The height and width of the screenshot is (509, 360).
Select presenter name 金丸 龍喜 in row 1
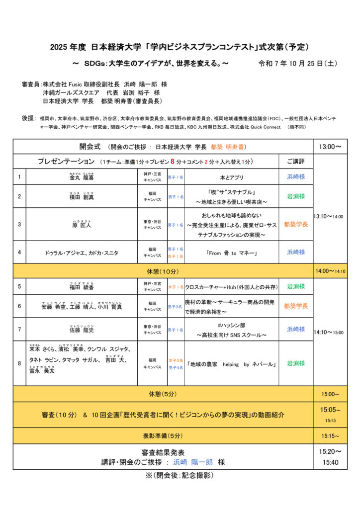[x=82, y=177]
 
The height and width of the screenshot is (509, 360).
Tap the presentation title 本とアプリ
[x=231, y=176]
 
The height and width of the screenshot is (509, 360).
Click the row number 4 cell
[x=19, y=252]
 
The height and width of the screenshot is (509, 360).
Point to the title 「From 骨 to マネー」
[x=231, y=253]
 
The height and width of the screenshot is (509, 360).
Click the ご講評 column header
[x=295, y=162]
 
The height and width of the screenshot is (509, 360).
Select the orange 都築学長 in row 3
[x=295, y=224]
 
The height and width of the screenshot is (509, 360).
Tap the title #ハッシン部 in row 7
[x=231, y=325]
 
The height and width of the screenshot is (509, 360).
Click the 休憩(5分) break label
[x=162, y=394]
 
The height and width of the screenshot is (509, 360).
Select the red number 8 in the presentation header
[x=173, y=161]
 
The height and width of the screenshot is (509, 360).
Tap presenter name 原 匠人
[x=82, y=225]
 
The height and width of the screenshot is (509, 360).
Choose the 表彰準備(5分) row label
[x=162, y=435]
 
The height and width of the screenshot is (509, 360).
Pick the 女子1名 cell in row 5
[x=176, y=287]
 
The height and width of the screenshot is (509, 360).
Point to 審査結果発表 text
[x=163, y=452]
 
